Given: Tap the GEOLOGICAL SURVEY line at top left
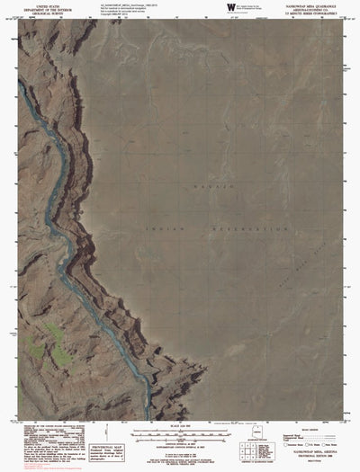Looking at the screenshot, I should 49,14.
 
